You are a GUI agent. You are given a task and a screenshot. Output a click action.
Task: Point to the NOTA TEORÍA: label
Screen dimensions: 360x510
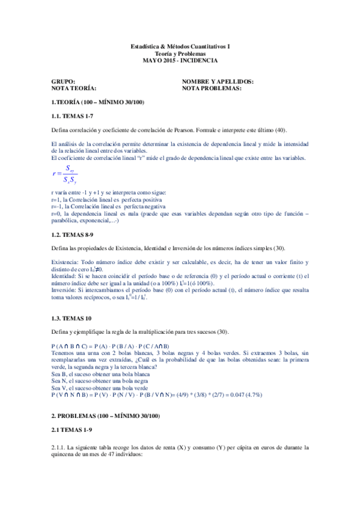click(x=74, y=88)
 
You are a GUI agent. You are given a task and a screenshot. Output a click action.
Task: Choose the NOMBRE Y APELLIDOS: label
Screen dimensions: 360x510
click(x=217, y=81)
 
